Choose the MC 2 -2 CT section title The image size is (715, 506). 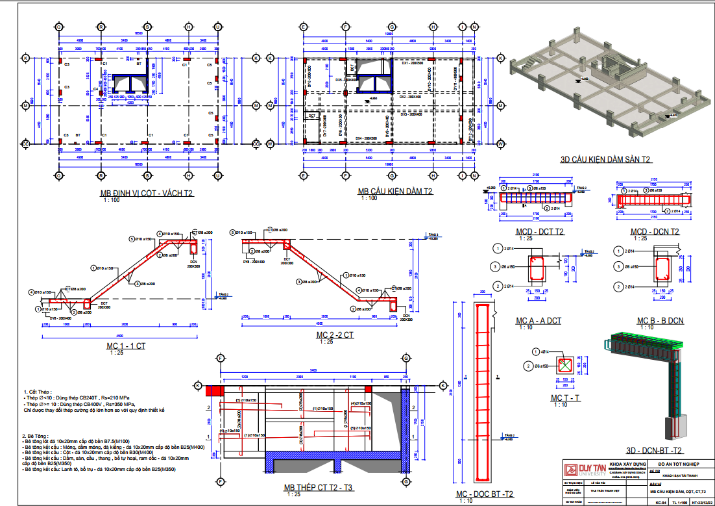tap(335, 335)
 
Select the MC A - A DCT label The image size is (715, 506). tap(538, 321)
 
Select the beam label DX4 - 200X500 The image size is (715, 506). tap(367, 138)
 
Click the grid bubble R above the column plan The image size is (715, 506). tap(101, 27)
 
